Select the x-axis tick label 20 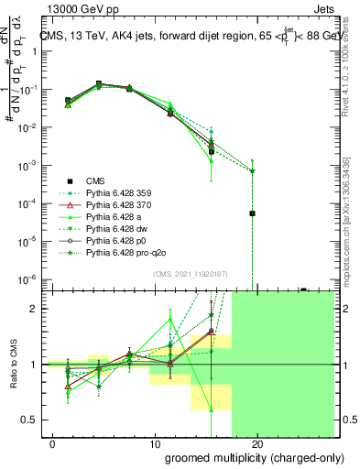(x=256, y=443)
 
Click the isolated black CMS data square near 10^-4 (x=252, y=213)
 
